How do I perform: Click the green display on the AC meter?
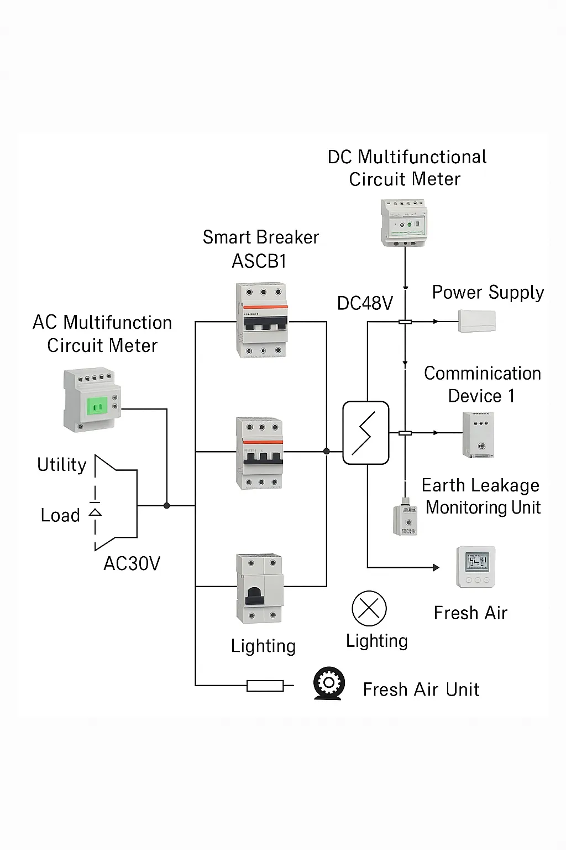[97, 407]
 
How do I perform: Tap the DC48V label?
[365, 303]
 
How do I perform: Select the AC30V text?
[132, 563]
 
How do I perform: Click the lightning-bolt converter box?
[366, 433]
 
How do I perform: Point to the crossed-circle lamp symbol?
[369, 608]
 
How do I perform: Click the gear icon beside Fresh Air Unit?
[329, 683]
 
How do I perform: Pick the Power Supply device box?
[477, 321]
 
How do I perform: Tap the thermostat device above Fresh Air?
[476, 567]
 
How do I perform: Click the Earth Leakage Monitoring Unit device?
[405, 517]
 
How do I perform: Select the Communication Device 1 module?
[478, 435]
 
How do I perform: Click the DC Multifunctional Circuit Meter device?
[404, 222]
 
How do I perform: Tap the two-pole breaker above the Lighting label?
[260, 588]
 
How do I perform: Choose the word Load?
[60, 515]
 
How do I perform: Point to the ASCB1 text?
[259, 261]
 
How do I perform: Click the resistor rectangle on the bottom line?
[265, 686]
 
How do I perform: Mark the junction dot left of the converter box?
[327, 451]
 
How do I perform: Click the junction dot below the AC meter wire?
[166, 505]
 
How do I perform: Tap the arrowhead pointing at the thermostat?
[436, 568]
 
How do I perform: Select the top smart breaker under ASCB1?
[262, 320]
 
